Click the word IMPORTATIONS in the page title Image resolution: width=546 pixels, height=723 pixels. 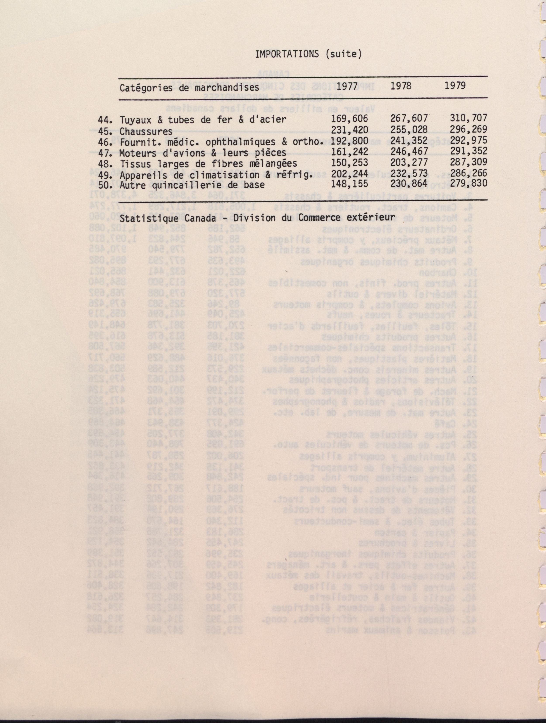[286, 54]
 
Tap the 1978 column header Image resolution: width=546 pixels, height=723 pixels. [401, 86]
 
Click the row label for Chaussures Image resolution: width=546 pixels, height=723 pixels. [146, 131]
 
